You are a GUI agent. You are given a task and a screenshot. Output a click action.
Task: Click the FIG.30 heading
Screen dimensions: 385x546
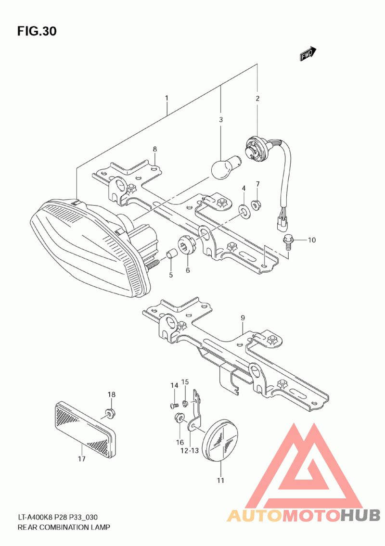(x=37, y=31)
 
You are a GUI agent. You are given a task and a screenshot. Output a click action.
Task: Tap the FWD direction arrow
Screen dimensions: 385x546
(x=308, y=54)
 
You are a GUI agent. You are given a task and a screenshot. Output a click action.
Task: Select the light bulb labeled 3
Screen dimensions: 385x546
(x=224, y=167)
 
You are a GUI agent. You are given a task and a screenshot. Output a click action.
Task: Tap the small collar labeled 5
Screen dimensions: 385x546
(x=170, y=254)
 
